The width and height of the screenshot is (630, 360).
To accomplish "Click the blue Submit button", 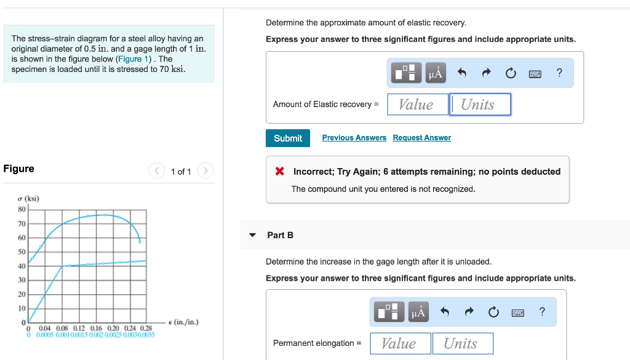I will click(288, 138).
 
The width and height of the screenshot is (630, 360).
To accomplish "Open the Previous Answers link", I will click(354, 138).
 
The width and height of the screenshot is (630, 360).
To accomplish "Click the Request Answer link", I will click(421, 138).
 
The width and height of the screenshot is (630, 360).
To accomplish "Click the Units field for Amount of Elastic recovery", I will click(480, 105).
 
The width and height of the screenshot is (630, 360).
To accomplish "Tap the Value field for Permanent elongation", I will click(400, 343).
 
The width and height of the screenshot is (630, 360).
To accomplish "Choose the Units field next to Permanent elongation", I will click(463, 343).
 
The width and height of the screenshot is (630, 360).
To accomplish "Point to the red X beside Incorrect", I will click(279, 172).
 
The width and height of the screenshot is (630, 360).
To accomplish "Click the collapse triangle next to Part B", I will click(252, 235).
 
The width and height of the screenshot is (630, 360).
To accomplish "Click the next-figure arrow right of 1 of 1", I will click(205, 171).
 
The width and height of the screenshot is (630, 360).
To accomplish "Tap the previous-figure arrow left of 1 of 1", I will click(157, 171).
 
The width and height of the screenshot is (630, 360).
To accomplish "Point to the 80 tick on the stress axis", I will click(22, 209).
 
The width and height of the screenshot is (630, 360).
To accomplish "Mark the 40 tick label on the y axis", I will click(22, 266).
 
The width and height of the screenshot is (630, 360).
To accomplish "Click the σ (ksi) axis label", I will click(28, 199).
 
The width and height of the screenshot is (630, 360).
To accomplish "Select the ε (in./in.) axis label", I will click(183, 322).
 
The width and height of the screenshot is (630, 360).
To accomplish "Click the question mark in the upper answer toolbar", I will click(559, 73).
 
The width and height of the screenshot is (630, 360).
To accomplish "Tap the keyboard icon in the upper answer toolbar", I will click(535, 74).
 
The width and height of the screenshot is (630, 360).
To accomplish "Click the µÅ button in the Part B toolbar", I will click(418, 313).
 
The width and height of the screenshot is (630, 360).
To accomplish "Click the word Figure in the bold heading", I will click(19, 169).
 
